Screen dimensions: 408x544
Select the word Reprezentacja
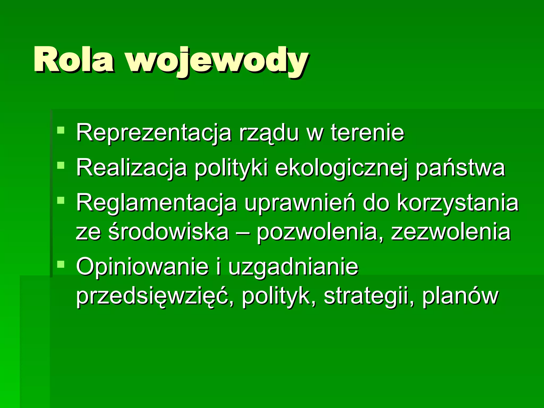coord(154,133)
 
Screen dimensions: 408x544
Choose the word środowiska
coord(169,232)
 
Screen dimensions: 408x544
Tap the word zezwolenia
coord(451,232)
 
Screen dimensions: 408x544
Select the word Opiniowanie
coord(142,267)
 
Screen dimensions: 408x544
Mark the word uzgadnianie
coord(293,267)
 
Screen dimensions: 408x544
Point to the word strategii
coord(366,296)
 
